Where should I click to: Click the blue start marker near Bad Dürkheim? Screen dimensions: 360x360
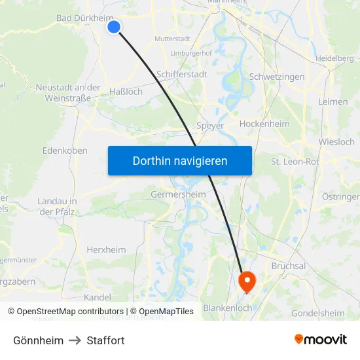pos(114,27)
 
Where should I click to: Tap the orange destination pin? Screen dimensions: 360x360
pos(247,281)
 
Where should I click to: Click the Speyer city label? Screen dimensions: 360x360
pos(210,126)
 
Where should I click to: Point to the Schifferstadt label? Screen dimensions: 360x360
pos(182,75)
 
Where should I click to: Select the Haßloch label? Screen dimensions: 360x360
pos(126,92)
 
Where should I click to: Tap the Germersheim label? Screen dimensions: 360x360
pos(178,194)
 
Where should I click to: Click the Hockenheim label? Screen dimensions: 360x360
pos(264,124)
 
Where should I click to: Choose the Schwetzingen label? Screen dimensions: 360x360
pos(277,77)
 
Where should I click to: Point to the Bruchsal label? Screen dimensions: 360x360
pos(288,266)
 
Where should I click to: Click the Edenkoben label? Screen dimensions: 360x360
pos(65,151)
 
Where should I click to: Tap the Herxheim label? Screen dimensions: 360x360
pos(106,249)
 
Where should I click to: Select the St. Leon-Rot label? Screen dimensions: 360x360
pos(295,161)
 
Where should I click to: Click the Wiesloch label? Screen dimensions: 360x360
pos(336,141)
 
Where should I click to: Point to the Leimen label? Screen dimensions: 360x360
pos(333,102)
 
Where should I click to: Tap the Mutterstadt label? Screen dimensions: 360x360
pos(172,39)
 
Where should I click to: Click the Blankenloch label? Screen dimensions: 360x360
pos(228,308)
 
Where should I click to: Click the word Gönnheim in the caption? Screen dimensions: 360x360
pos(39,340)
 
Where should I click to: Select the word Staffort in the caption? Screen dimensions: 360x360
pos(105,340)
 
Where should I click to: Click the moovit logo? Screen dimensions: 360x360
pos(320,339)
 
